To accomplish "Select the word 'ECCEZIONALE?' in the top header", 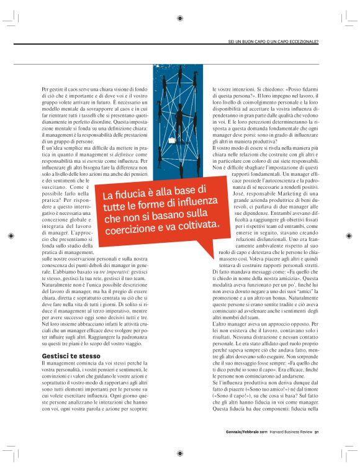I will click(x=301, y=42).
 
